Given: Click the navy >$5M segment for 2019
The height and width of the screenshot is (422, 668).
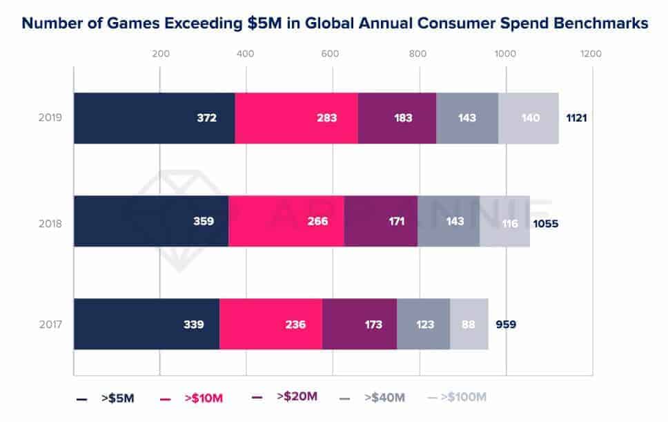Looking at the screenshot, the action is pyautogui.click(x=154, y=118).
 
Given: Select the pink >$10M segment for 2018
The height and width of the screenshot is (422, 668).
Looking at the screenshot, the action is pyautogui.click(x=286, y=221).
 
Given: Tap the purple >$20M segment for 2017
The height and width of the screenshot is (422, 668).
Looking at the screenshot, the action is pyautogui.click(x=360, y=324).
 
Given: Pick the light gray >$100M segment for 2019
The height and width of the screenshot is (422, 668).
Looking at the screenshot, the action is pyautogui.click(x=529, y=118).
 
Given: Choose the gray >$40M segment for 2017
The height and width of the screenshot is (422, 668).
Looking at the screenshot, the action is pyautogui.click(x=424, y=324).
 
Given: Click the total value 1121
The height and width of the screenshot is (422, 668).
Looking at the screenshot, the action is pyautogui.click(x=576, y=118).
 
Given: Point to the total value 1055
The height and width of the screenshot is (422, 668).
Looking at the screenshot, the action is pyautogui.click(x=545, y=224).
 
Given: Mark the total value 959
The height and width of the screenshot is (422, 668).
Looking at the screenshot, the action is pyautogui.click(x=506, y=325).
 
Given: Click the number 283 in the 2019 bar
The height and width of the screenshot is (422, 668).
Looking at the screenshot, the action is pyautogui.click(x=327, y=118).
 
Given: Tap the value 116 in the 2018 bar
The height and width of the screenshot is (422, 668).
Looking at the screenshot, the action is pyautogui.click(x=510, y=224).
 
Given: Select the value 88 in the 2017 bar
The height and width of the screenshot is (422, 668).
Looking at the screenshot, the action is pyautogui.click(x=468, y=325).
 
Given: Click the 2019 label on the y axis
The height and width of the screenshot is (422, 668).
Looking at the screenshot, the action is pyautogui.click(x=50, y=117).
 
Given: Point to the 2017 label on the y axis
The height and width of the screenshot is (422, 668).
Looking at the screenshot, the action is pyautogui.click(x=50, y=325).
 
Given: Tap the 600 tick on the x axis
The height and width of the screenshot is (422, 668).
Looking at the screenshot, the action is pyautogui.click(x=330, y=54).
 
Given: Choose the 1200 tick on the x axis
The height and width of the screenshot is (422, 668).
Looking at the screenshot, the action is pyautogui.click(x=591, y=54).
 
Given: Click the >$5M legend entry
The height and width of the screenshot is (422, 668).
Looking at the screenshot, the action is pyautogui.click(x=105, y=398).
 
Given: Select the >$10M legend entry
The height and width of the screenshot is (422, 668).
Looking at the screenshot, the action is pyautogui.click(x=191, y=398).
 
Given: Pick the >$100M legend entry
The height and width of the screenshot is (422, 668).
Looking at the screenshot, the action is pyautogui.click(x=457, y=397).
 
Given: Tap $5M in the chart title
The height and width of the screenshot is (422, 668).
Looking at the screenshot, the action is pyautogui.click(x=264, y=23).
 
